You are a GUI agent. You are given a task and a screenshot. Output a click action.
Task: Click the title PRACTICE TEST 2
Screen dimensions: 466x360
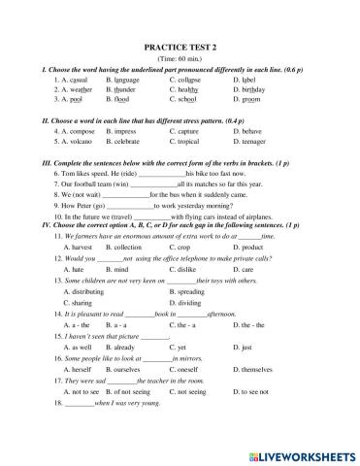[180, 46]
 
